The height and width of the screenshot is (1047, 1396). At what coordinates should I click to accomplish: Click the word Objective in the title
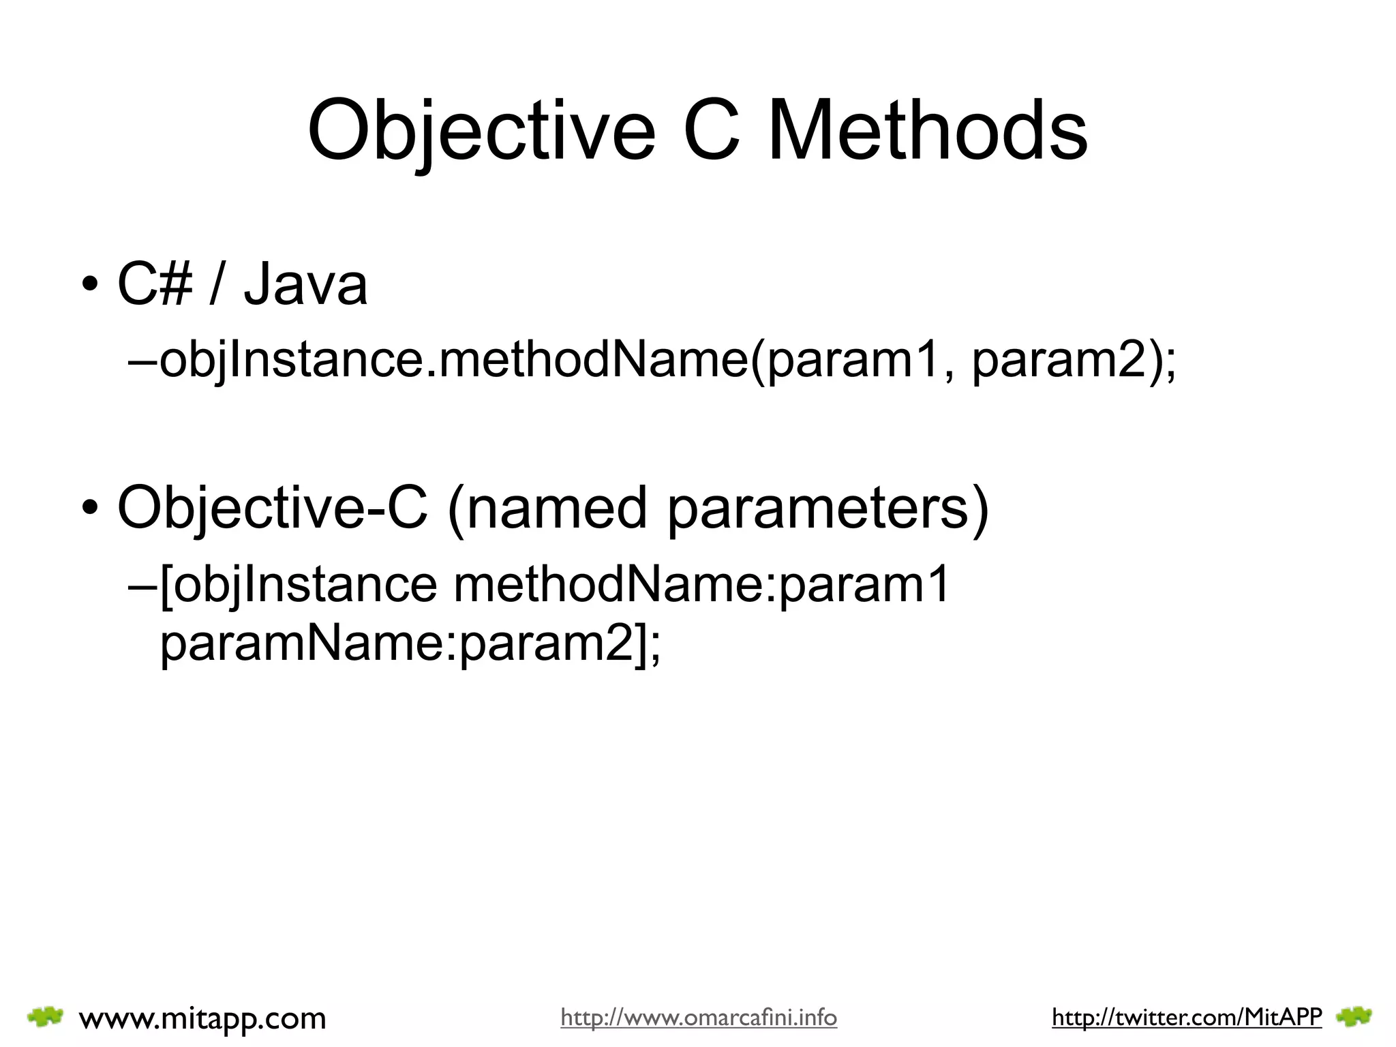[x=481, y=131]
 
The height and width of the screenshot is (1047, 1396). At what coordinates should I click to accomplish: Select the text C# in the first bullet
[x=155, y=285]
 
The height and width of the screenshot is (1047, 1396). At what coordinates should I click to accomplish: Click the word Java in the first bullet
[x=305, y=285]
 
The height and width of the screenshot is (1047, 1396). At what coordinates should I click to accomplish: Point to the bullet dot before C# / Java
[x=89, y=286]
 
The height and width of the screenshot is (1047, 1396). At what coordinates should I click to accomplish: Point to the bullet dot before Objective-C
[x=89, y=510]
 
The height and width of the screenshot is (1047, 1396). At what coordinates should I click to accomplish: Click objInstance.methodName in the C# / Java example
[x=453, y=361]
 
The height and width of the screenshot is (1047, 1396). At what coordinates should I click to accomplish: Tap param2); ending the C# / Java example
[x=1074, y=361]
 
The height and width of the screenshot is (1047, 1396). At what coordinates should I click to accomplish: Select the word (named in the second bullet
[x=547, y=508]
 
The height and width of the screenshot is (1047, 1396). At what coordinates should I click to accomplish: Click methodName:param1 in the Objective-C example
[x=701, y=585]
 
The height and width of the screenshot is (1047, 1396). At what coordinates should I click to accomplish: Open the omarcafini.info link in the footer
[x=699, y=1018]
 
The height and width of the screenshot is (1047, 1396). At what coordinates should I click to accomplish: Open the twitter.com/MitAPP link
[x=1187, y=1018]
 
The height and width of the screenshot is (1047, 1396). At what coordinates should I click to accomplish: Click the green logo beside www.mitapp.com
[x=45, y=1017]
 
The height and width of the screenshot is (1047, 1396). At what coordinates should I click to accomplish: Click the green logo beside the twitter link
[x=1354, y=1018]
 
